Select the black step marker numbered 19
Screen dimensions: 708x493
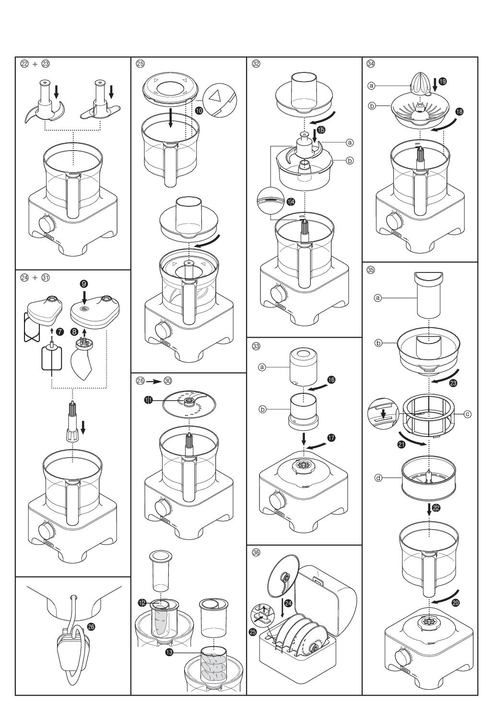[442, 82]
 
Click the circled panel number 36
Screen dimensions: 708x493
[256, 553]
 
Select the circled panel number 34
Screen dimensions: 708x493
[371, 63]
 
